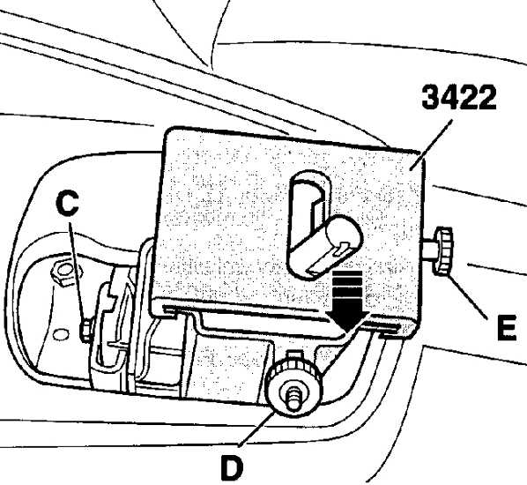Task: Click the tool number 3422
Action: coord(459,97)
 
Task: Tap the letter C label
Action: coord(68,203)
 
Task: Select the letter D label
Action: coord(232,467)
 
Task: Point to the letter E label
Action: coord(507,327)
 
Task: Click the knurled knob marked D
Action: coord(293,388)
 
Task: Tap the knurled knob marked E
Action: coord(444,251)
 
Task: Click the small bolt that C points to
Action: coord(86,330)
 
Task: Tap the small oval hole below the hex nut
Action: coord(61,335)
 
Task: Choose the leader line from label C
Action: coord(78,271)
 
